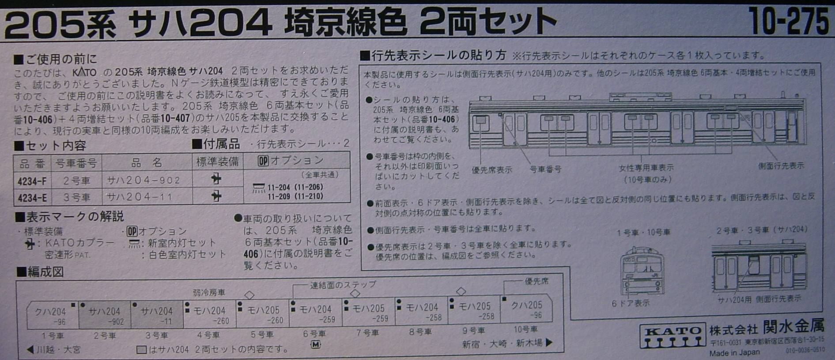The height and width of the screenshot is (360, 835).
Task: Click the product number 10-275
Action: point(788,22)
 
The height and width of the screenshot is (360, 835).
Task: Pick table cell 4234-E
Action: point(32,197)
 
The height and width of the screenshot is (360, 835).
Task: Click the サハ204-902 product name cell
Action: point(144,180)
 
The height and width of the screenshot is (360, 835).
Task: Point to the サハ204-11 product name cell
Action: point(139,197)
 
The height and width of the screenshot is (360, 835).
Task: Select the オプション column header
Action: point(291,161)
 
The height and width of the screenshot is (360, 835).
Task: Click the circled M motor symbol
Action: point(315,345)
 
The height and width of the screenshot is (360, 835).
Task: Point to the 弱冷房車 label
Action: point(209,292)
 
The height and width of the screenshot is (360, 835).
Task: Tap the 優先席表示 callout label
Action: point(491,170)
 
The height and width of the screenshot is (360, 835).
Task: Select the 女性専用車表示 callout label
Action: point(646,168)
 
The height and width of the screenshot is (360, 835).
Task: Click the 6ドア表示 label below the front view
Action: point(631,303)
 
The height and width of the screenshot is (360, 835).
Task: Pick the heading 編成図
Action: point(41,272)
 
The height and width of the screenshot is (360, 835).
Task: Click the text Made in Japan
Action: point(734,352)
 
